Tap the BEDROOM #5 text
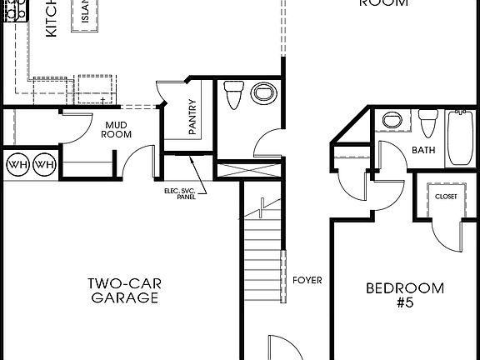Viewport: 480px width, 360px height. coord(406,295)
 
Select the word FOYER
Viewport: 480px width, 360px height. coord(307,281)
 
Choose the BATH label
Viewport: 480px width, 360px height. coord(424,151)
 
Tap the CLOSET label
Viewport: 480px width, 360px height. coord(446,197)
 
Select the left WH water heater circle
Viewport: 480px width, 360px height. coord(17,165)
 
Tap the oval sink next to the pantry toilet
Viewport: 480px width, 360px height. coord(264,95)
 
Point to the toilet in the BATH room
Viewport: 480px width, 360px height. coord(428,122)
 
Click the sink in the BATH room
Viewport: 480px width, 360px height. coord(392,121)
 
